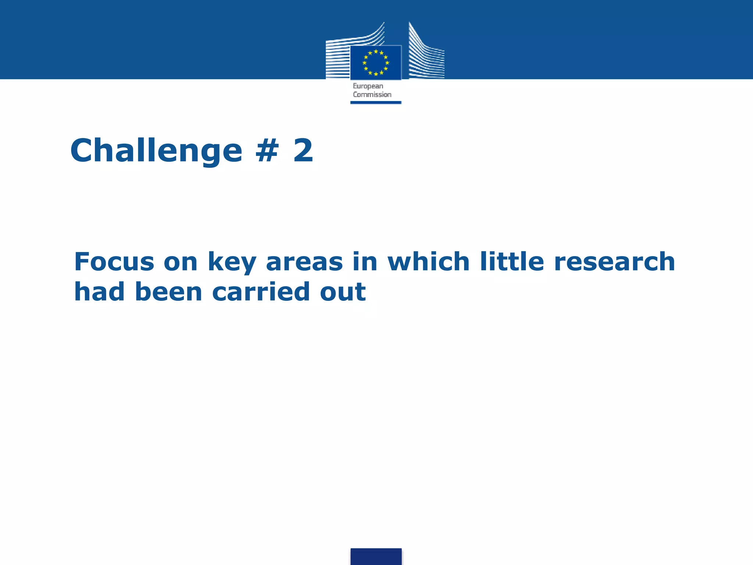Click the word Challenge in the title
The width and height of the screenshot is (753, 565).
pyautogui.click(x=156, y=151)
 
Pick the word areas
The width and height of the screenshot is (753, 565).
pyautogui.click(x=304, y=262)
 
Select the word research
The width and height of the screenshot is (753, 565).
pyautogui.click(x=614, y=262)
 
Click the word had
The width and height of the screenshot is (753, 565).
pyautogui.click(x=100, y=292)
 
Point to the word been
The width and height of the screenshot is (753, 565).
pyautogui.click(x=169, y=292)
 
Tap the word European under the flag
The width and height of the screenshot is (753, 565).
pyautogui.click(x=368, y=86)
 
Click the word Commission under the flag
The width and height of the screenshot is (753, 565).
pyautogui.click(x=372, y=95)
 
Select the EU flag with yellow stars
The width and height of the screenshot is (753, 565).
pyautogui.click(x=375, y=63)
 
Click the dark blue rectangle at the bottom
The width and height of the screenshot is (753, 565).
pyautogui.click(x=376, y=556)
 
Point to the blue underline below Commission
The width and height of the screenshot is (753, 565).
pyautogui.click(x=375, y=103)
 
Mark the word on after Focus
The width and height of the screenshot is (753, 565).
pyautogui.click(x=181, y=262)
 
